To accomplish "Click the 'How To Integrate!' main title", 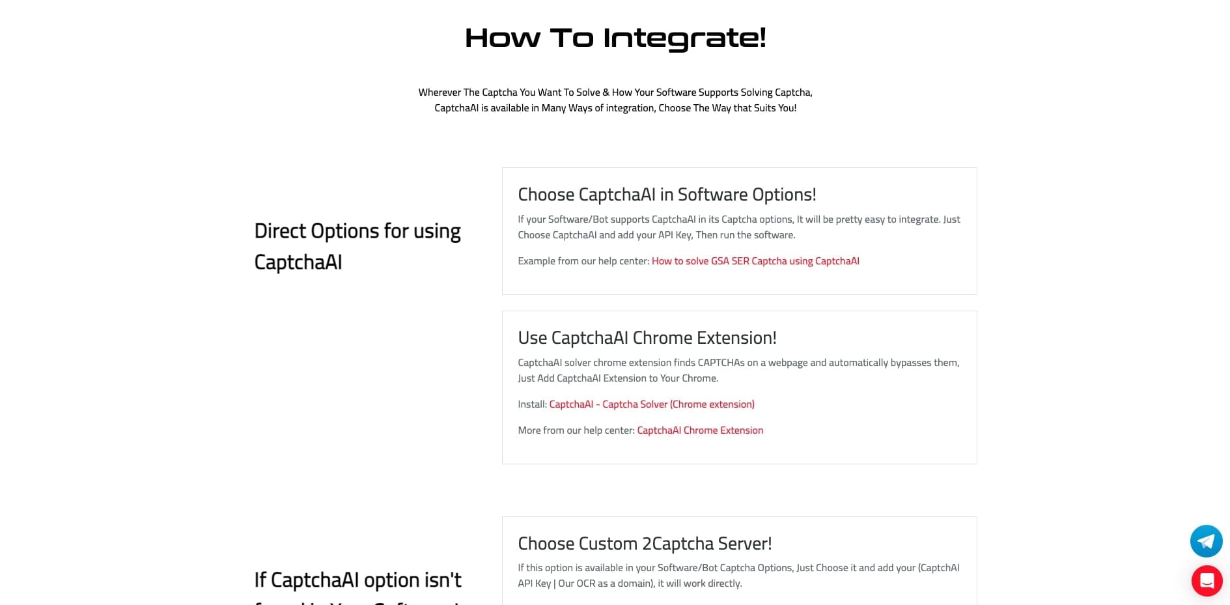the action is [615, 38].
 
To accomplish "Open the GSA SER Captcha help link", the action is [755, 261].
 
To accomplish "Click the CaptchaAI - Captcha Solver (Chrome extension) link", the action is [652, 404].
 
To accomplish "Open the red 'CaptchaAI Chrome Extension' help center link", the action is [700, 430].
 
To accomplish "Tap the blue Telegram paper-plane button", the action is [1206, 541].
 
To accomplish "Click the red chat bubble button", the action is [1207, 580].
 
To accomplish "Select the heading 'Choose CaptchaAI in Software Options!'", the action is [667, 195].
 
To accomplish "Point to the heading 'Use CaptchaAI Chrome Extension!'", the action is [647, 338].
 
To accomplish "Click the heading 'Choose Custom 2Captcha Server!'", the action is [645, 544].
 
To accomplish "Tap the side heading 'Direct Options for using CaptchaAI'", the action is [357, 246].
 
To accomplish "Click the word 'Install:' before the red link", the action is [532, 404].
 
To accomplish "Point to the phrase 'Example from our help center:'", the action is [583, 261].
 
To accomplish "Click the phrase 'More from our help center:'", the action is [576, 430].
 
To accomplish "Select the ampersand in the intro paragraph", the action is [606, 92].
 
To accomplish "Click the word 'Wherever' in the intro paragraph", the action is [440, 92].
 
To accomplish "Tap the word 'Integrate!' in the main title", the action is [684, 38].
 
